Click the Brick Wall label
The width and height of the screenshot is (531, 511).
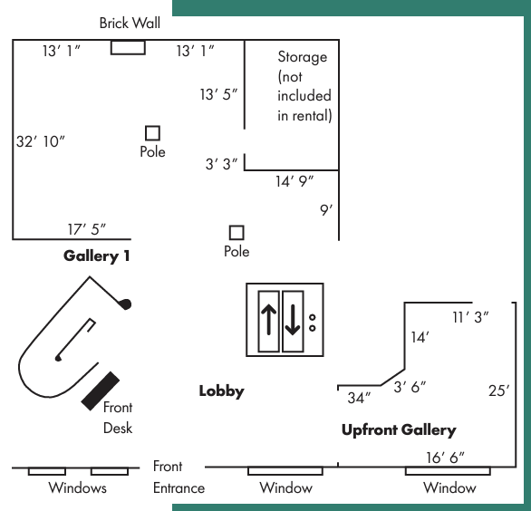(130, 23)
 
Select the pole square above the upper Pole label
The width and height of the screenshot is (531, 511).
(152, 133)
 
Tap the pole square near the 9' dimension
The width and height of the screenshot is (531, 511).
(237, 233)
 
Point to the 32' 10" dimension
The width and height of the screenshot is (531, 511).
(40, 141)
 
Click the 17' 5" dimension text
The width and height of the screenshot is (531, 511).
(87, 229)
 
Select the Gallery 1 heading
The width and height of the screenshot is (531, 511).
(97, 256)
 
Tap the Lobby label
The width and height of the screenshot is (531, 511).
(221, 391)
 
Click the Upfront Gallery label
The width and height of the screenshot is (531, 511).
(399, 430)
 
